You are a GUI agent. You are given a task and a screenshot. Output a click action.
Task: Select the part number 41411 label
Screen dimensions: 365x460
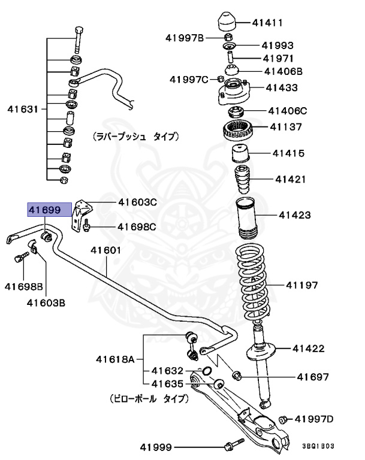pos(268,23)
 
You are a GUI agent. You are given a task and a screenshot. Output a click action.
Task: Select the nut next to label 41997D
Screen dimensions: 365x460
pos(285,419)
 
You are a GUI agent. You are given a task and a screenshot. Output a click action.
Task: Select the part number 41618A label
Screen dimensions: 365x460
pos(116,360)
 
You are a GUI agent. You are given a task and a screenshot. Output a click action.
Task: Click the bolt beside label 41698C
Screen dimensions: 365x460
pos(88,226)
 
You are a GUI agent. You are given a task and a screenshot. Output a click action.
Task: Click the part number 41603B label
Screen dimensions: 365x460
pos(46,302)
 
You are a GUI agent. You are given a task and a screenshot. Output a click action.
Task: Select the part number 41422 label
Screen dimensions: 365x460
pos(309,347)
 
